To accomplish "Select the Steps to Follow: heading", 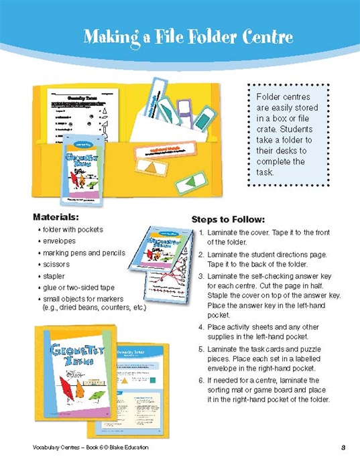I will pos(228,219).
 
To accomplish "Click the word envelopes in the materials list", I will pos(60,241).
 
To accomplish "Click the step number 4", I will pos(201,327).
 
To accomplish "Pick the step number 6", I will pos(201,380).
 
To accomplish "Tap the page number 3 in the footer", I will pos(343,448).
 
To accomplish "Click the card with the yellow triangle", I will pos(152,165).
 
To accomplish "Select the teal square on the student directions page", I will pos(152,381).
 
